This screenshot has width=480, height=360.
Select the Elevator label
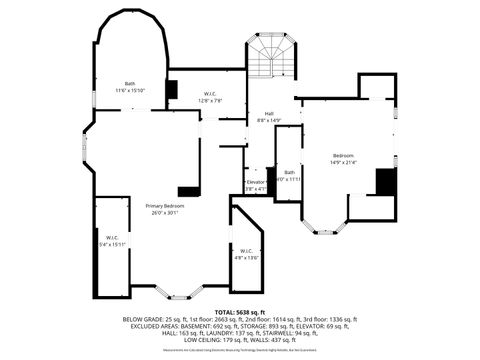[255, 184]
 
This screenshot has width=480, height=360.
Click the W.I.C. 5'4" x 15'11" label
[111, 241]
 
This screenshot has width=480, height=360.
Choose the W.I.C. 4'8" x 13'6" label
[246, 254]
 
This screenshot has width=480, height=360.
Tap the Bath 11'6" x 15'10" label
[130, 86]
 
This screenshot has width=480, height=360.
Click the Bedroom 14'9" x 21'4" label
[343, 159]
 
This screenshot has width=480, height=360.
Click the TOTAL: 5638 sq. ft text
[239, 312]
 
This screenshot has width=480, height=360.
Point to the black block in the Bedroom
[385, 182]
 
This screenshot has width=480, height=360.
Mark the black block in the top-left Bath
[172, 89]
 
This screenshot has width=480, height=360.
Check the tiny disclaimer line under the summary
[239, 350]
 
